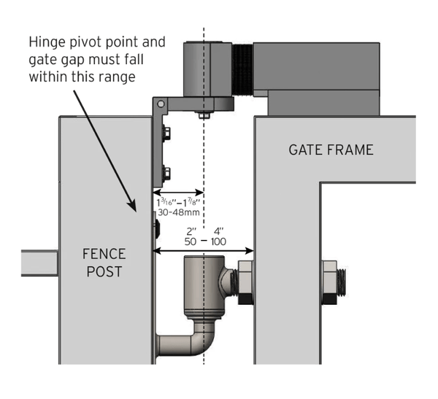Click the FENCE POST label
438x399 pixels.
coord(103,263)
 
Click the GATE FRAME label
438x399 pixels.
coord(331,150)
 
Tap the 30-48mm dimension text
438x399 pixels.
coord(177,212)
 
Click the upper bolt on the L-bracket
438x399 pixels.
coord(166,133)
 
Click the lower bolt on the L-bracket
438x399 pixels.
coord(166,174)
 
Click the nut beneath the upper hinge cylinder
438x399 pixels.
coord(203,114)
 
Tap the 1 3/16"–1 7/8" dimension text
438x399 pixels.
coord(177,200)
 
